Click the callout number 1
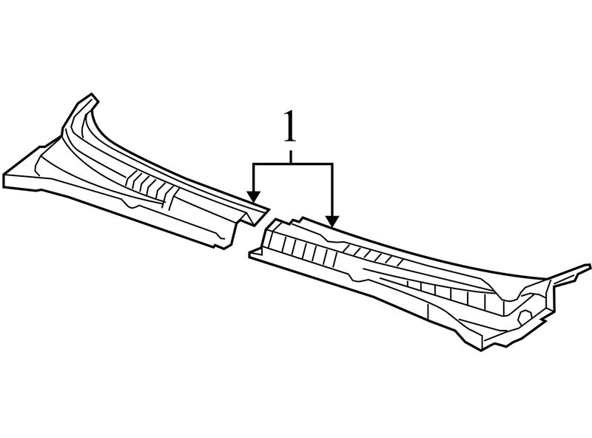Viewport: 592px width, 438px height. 289,127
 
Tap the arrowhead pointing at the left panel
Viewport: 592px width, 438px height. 254,196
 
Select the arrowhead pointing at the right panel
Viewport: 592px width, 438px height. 332,221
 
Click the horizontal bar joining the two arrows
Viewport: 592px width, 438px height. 293,164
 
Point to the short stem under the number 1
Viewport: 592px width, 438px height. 290,156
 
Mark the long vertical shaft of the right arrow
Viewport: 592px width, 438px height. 332,190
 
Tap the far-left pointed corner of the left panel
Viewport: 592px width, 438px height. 5,180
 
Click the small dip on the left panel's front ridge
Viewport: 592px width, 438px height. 132,204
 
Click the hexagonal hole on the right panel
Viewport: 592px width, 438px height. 525,316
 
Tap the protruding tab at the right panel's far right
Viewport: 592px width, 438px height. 577,272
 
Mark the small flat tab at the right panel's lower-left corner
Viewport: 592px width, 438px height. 255,254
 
